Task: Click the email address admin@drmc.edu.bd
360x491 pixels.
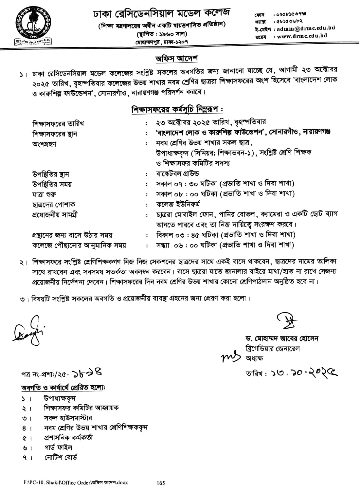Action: point(301,28)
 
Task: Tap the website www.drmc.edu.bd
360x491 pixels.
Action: point(302,36)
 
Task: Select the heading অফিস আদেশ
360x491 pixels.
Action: point(177,59)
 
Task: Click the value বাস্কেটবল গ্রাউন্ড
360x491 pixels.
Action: point(177,173)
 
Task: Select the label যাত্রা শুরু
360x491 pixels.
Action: point(44,194)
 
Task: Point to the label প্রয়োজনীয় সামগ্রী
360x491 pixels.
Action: point(55,215)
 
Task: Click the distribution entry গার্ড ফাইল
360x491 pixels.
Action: point(58,447)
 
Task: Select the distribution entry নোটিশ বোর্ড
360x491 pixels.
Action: point(61,458)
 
